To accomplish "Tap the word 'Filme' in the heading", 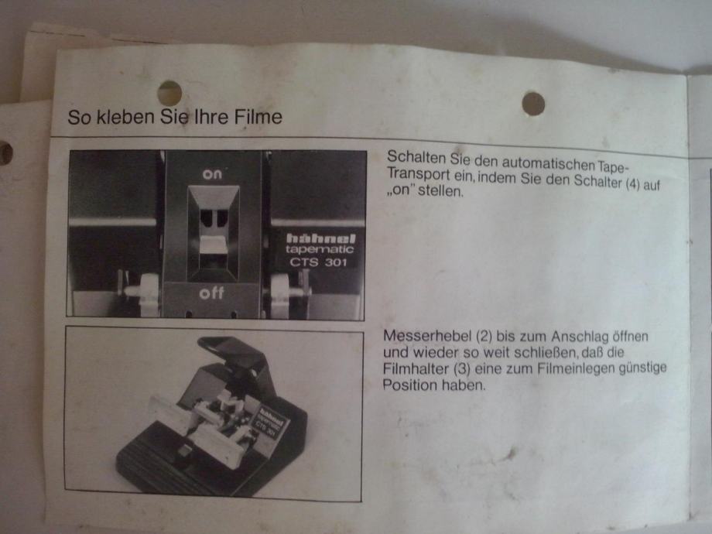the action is tap(258, 117).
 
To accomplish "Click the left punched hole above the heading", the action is tap(169, 93).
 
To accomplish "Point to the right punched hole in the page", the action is tap(533, 104).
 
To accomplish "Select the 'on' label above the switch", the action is tap(212, 174).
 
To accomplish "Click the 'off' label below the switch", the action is tap(211, 293).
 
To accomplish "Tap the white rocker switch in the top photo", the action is tap(214, 245).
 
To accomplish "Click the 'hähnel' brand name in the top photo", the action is tap(320, 238).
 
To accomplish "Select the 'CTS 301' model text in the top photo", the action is tap(318, 262).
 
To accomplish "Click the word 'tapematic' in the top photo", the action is tap(320, 249).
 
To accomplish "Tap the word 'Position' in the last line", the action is tap(409, 385).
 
